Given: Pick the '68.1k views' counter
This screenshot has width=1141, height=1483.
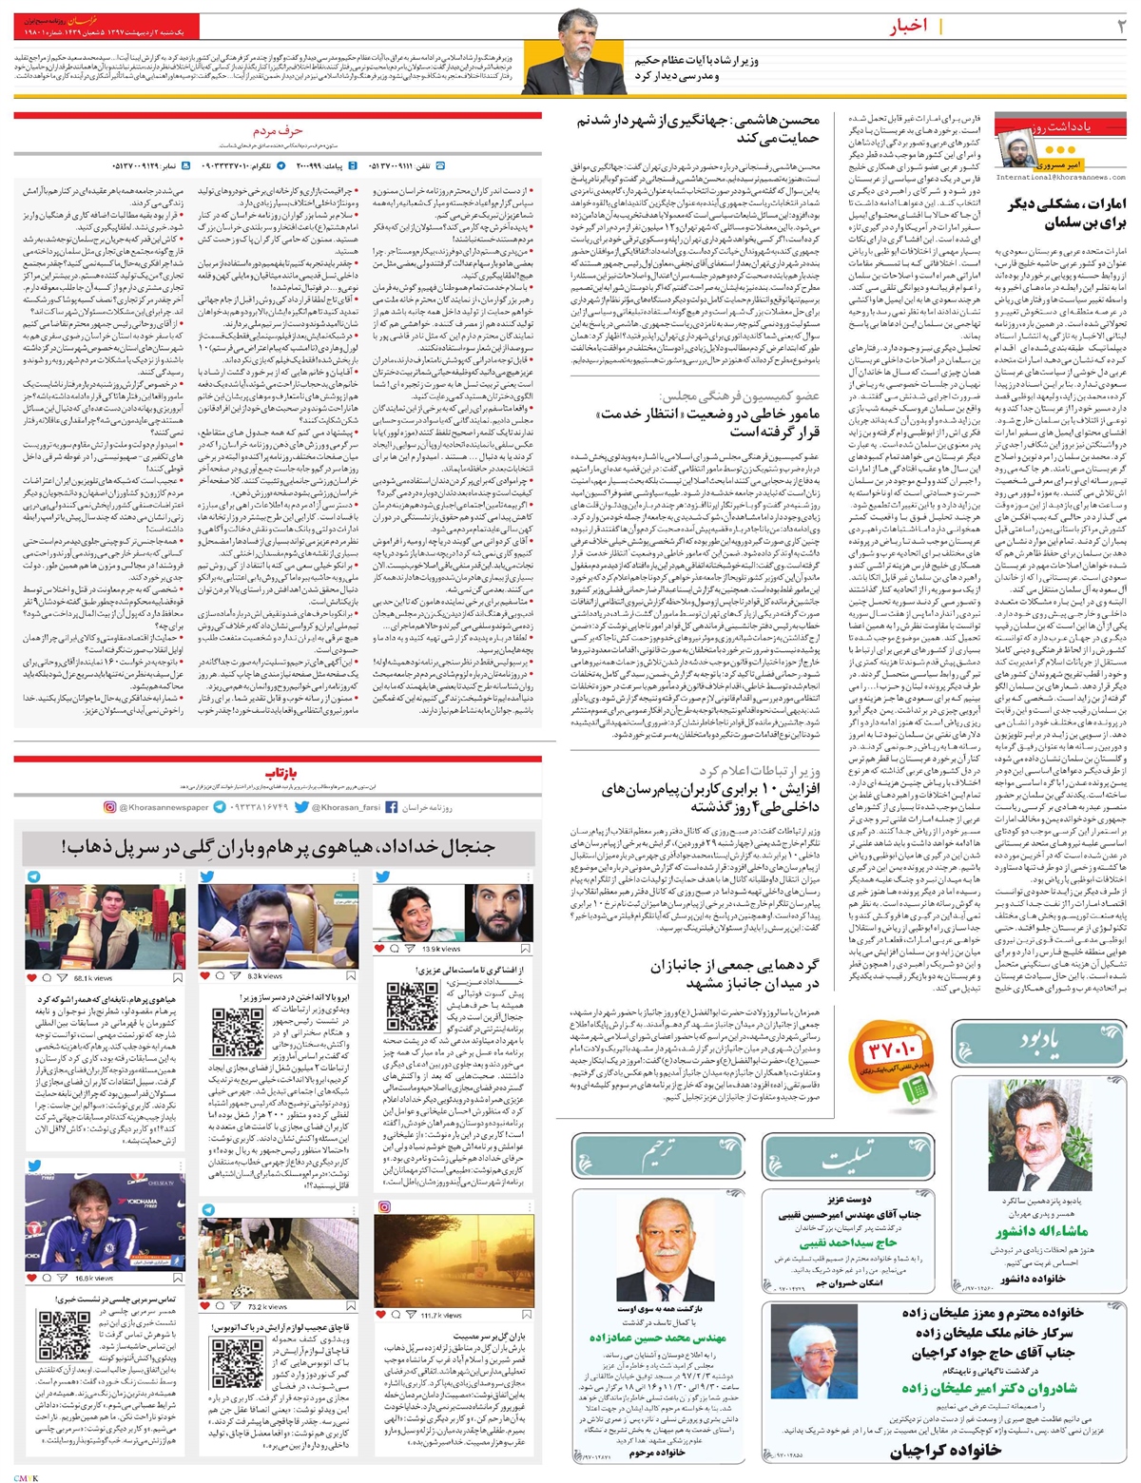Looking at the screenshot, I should click(x=91, y=977).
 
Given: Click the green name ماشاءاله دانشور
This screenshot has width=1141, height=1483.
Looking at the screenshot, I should click(x=1042, y=1231).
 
